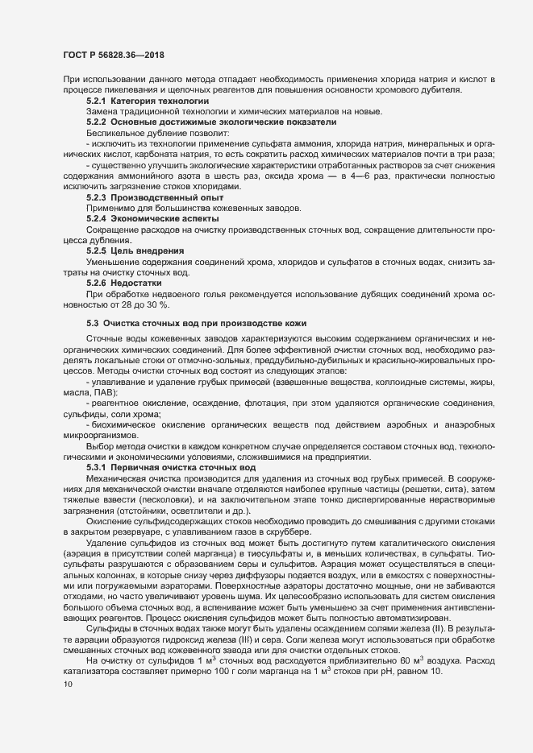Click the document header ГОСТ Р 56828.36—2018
[x=114, y=53]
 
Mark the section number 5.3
[x=93, y=323]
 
